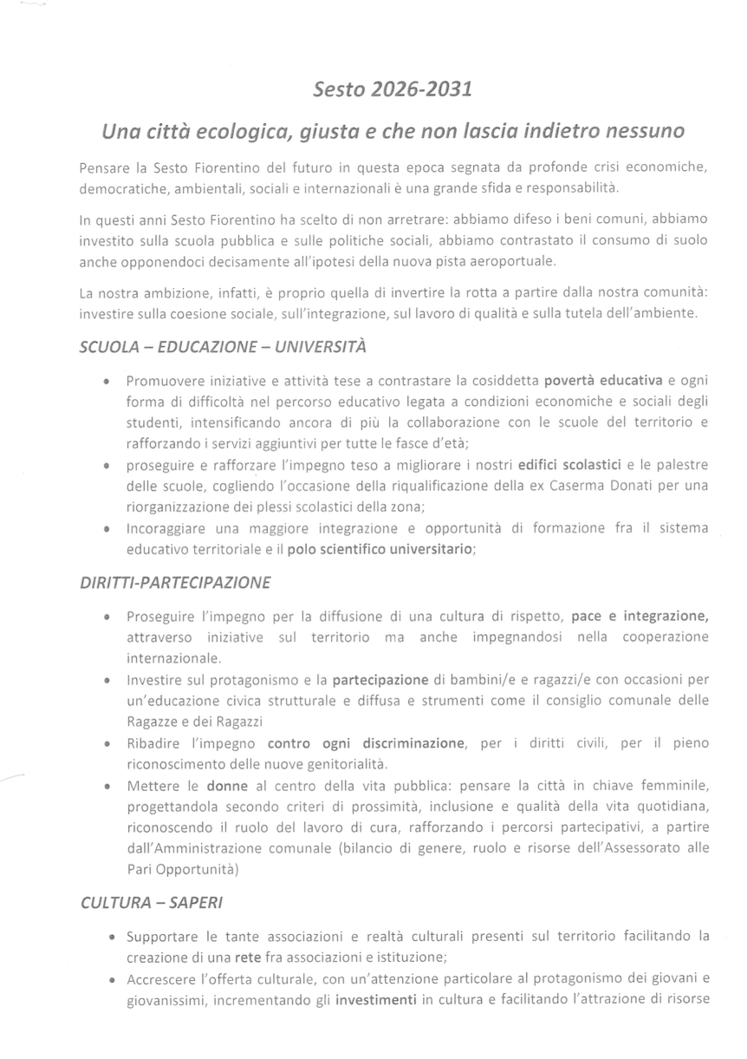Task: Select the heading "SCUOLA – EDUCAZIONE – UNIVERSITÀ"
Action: click(223, 348)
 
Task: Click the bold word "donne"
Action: click(227, 786)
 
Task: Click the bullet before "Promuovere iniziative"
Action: click(106, 382)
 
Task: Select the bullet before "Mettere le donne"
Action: click(106, 787)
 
